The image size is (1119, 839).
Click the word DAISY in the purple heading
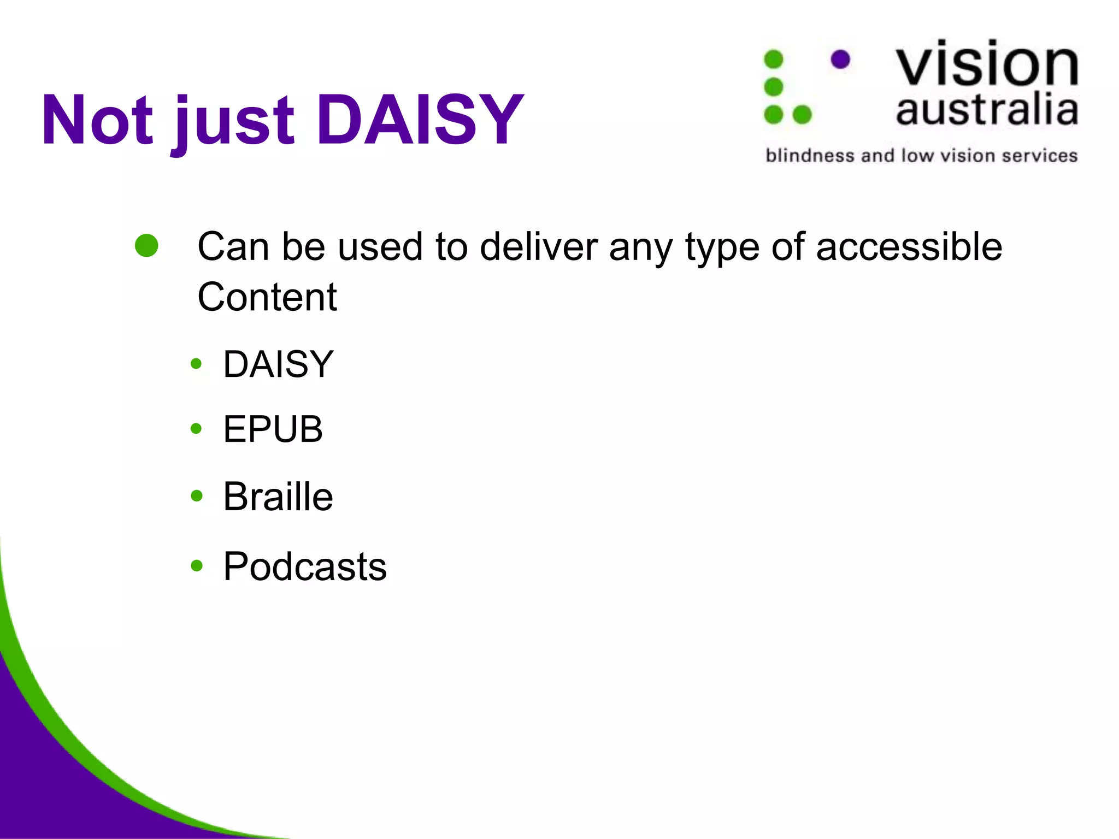point(420,120)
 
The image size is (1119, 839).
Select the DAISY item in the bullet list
point(278,364)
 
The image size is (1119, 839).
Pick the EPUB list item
point(273,429)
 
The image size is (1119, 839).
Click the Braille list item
point(278,497)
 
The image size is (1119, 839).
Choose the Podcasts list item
point(305,566)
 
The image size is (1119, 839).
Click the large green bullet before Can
point(146,246)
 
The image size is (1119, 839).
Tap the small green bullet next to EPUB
point(196,429)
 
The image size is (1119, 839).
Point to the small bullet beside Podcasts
point(196,566)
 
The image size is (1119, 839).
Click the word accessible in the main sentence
point(909,247)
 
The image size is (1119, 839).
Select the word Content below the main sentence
point(267,297)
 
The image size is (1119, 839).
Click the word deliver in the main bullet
point(539,247)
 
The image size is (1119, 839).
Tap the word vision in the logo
point(987,64)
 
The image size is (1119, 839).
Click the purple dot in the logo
point(840,59)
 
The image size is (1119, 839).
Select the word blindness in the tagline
point(810,156)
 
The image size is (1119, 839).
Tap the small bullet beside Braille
point(196,496)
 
